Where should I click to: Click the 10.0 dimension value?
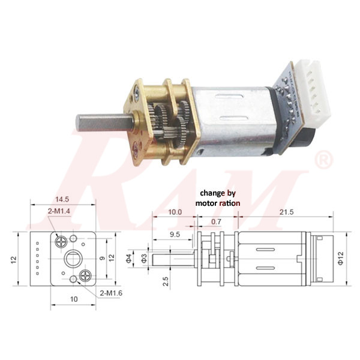[175, 213]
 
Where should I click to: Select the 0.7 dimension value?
[216, 223]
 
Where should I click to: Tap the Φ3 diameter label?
[144, 259]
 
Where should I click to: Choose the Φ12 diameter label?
[341, 259]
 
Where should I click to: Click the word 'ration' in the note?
[229, 203]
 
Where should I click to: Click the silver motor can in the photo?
[228, 120]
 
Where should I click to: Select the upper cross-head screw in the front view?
[62, 241]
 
